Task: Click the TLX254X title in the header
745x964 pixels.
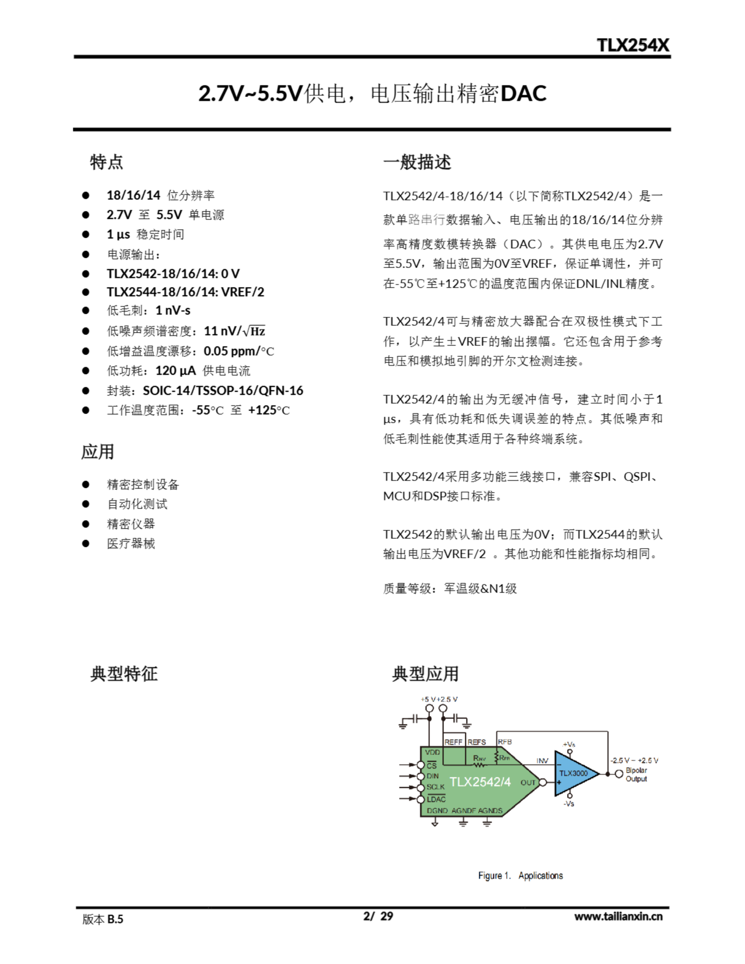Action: [x=632, y=45]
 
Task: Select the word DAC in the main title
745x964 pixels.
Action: [x=524, y=93]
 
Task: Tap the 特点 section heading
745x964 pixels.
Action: [x=107, y=162]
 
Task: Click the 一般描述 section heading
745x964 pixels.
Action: [x=417, y=162]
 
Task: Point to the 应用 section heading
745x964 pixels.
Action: [x=98, y=451]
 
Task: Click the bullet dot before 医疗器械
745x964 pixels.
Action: [x=85, y=543]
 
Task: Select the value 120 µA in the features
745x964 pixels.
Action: [x=175, y=370]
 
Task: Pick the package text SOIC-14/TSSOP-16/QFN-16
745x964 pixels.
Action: [x=223, y=390]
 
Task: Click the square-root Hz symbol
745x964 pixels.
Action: [x=254, y=331]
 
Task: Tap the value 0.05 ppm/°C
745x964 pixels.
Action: [x=238, y=351]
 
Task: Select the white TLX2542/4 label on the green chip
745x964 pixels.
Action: [x=480, y=782]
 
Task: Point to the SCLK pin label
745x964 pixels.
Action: [x=435, y=787]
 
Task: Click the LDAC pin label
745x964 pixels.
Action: [x=436, y=799]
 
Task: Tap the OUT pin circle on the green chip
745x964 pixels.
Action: [x=543, y=782]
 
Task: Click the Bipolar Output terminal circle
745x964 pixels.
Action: [x=619, y=773]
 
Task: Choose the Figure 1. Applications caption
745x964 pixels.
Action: [x=520, y=875]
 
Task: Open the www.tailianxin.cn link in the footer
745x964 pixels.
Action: [x=618, y=916]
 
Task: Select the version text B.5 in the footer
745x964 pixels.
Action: [x=115, y=919]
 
